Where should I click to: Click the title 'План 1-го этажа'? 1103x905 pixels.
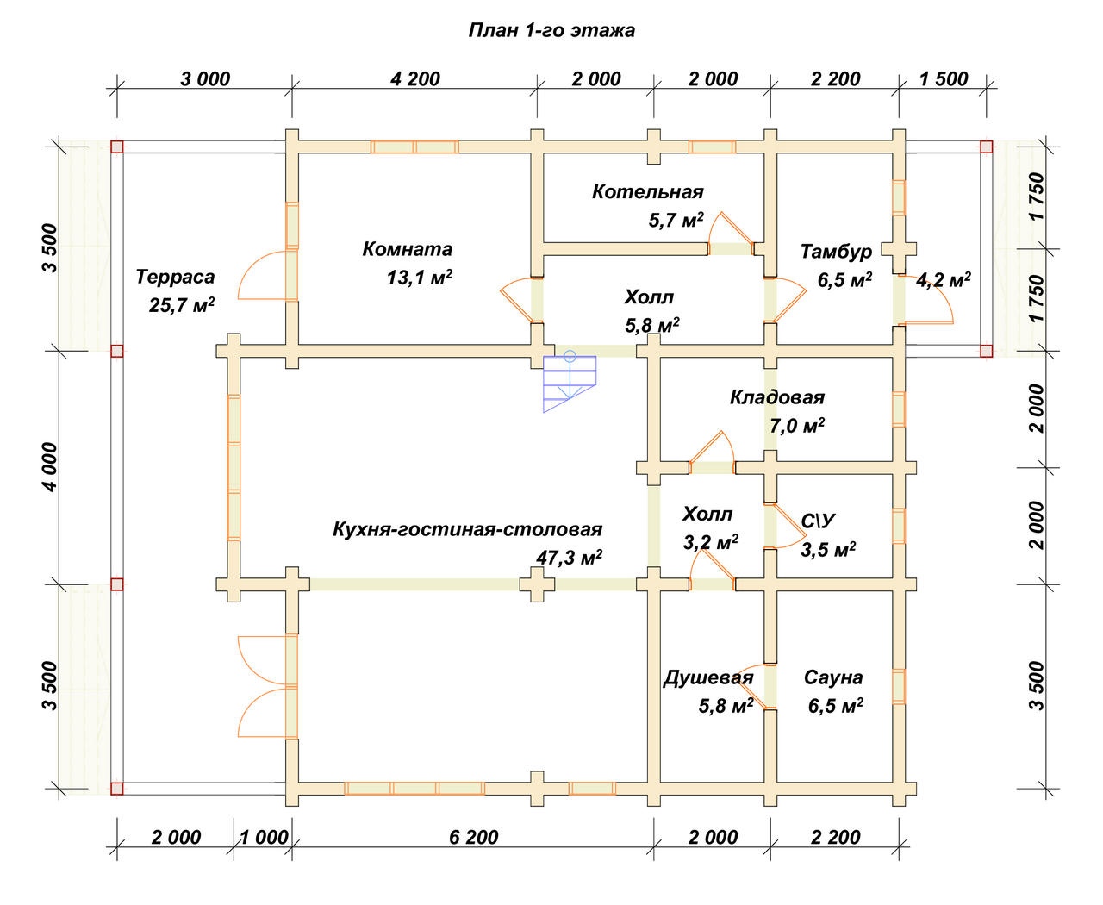[551, 30]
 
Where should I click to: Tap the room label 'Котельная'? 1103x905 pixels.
[647, 192]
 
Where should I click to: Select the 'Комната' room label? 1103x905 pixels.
[407, 249]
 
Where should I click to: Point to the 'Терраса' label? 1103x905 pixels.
[175, 277]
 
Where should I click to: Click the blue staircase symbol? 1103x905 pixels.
[569, 383]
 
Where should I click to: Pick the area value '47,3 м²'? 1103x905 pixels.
[569, 557]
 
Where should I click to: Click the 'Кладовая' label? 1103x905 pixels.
[776, 397]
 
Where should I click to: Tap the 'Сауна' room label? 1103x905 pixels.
[833, 677]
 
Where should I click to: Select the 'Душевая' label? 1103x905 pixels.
[708, 677]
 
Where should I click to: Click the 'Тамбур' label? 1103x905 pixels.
[836, 252]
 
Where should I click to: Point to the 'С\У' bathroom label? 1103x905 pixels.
[818, 521]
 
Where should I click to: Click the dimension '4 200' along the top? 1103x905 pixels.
[415, 79]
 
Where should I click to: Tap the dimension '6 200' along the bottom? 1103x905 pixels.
[473, 837]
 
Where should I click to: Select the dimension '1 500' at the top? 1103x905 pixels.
[944, 79]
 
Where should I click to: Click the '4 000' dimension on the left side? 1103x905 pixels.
[50, 467]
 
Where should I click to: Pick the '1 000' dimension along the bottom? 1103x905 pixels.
[264, 837]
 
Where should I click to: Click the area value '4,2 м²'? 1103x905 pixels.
[943, 279]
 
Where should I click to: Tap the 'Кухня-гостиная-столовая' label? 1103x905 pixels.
[467, 529]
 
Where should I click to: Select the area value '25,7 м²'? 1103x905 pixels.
[182, 305]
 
